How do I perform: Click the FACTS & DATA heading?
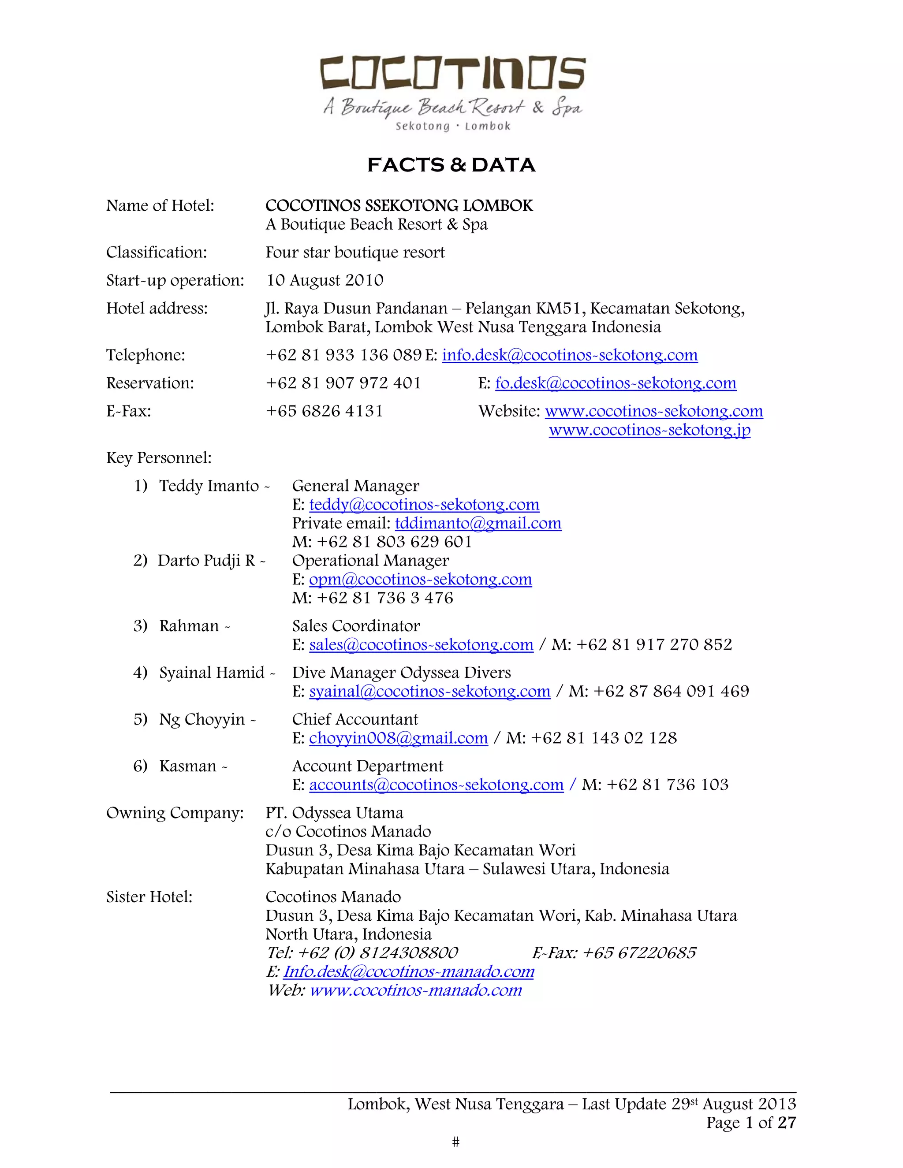pos(451,165)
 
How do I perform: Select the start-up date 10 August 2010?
pos(325,280)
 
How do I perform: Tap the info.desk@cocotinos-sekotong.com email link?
pos(570,355)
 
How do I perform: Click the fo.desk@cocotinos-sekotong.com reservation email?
pos(615,383)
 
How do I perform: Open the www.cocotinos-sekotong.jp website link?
pos(649,430)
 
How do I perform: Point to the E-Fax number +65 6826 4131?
pos(324,411)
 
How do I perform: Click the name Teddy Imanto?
pos(209,486)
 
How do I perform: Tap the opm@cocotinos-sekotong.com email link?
pos(421,579)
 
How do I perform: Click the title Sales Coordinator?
pos(356,626)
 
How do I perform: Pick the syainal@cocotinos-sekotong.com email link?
pos(429,692)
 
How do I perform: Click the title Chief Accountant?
pos(354,719)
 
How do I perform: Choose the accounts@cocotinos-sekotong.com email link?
pos(436,785)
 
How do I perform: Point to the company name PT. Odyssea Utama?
pos(334,813)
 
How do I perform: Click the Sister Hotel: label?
pos(149,897)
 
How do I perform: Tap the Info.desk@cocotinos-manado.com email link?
pos(409,972)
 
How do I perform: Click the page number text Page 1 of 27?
pos(750,1123)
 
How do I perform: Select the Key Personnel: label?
pos(159,458)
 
